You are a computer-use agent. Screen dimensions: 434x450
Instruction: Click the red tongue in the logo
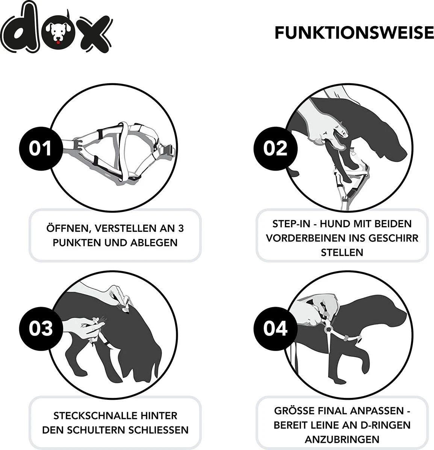pos(58,42)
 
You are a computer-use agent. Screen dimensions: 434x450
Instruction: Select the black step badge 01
pos(41,148)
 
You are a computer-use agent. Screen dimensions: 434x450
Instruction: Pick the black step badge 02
pos(275,148)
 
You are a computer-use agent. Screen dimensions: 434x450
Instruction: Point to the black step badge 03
pos(41,328)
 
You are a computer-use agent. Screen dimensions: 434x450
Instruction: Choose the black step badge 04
pos(275,328)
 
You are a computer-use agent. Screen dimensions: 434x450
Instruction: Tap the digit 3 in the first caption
pos(181,228)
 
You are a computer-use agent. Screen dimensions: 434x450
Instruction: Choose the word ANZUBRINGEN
pos(342,439)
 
